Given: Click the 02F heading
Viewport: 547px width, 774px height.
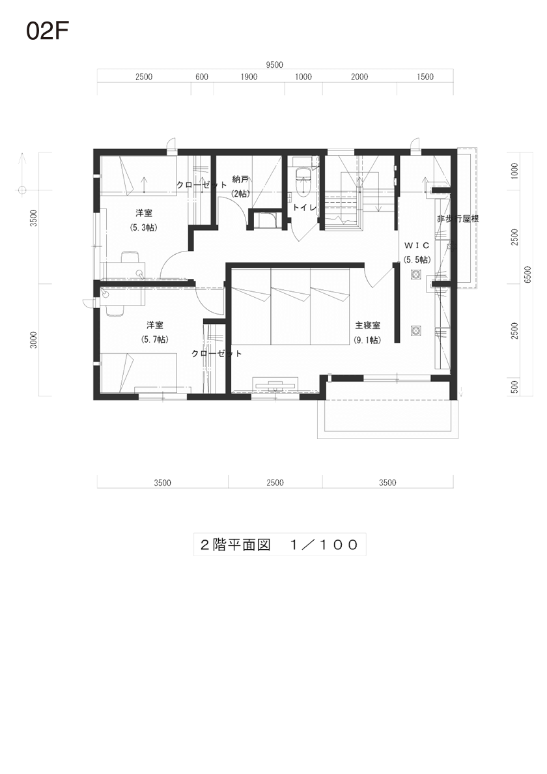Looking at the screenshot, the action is tap(47, 31).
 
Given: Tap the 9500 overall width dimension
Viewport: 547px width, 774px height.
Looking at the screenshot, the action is tap(275, 64).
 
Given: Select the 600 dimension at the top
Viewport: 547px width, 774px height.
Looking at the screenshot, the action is tap(202, 76).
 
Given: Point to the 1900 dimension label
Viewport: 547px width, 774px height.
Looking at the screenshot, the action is tap(249, 76).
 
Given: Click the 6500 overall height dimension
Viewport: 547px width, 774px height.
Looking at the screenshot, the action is tap(527, 274).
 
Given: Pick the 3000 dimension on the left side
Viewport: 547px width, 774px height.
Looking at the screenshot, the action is tap(33, 340).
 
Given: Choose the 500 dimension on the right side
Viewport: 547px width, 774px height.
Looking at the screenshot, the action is tap(514, 386).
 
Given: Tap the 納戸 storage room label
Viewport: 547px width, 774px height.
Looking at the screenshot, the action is tap(240, 179).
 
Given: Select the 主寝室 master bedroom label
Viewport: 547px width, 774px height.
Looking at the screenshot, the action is tap(367, 325).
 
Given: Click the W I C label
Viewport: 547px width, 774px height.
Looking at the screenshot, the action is tap(417, 246).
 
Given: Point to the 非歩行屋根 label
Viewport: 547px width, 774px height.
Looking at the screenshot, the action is tap(458, 219).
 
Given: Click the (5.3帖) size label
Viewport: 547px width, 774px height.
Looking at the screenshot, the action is tap(143, 227).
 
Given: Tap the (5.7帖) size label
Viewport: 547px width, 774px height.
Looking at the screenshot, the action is tap(154, 339).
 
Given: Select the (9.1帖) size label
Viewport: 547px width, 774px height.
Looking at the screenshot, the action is tap(367, 340).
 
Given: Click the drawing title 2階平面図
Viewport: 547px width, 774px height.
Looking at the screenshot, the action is tap(235, 545).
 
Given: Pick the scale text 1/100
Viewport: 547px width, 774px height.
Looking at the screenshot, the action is tap(324, 545).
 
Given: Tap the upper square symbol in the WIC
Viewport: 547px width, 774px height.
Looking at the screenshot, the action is tap(416, 274).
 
